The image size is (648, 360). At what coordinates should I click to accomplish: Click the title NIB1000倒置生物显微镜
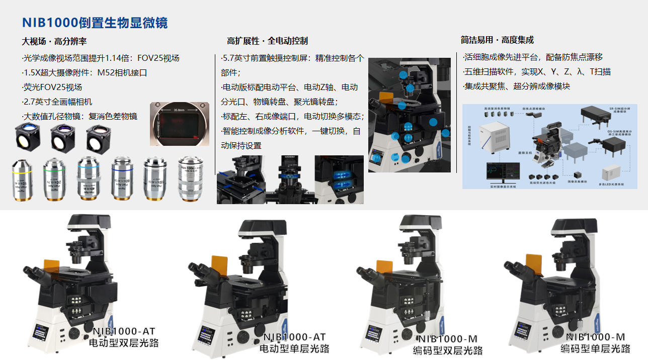tap(95, 23)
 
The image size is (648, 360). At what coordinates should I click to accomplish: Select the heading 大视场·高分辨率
tap(54, 41)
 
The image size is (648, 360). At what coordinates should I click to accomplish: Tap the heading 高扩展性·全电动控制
tap(267, 41)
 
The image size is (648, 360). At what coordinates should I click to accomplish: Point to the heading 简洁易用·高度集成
tap(497, 40)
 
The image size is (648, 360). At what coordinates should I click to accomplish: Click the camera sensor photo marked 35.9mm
tap(180, 124)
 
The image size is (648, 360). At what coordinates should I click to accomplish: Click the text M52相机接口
tap(122, 72)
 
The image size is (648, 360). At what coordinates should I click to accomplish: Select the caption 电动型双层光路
tap(123, 343)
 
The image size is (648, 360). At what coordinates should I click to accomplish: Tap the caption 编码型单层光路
tap(596, 348)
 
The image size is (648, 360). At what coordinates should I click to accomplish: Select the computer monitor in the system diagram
tap(504, 173)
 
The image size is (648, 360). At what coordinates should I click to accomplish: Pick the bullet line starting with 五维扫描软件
tap(536, 72)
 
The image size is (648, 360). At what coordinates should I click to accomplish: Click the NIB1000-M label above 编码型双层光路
tap(447, 339)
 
